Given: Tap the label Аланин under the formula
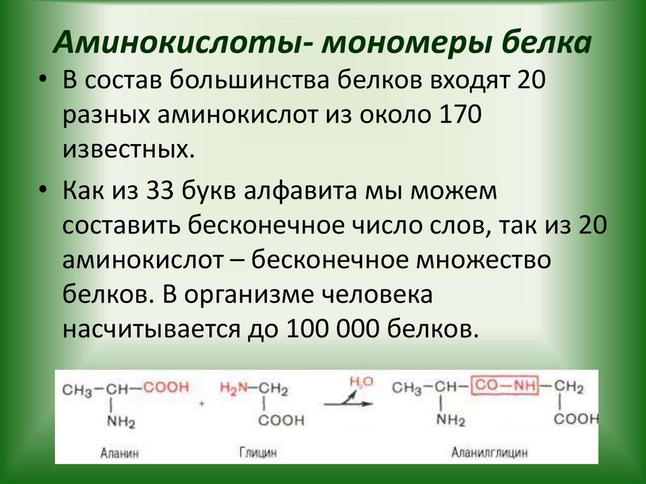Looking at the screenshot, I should [x=119, y=452].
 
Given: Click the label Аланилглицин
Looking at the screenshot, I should [x=489, y=452].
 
